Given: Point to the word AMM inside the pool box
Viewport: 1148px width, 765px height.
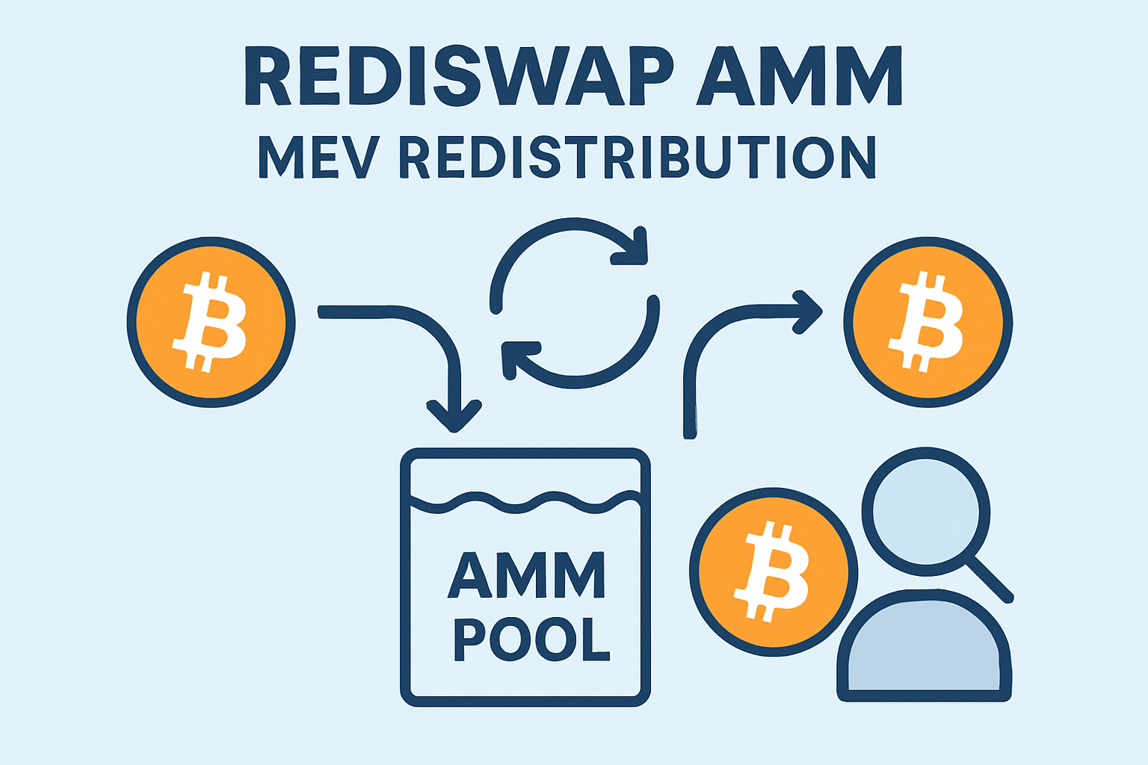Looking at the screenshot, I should point(526,575).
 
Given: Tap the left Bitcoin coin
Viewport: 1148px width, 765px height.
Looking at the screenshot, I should point(211,322).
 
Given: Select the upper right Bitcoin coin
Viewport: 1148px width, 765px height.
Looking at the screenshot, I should point(928,322).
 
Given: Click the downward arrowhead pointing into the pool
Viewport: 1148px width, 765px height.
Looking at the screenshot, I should point(453,418).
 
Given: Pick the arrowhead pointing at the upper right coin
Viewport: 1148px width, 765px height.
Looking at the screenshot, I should point(809,312).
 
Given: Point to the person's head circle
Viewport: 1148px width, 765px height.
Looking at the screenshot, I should point(925,512).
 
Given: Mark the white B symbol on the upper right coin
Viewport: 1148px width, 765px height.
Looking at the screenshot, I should point(927,322).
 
